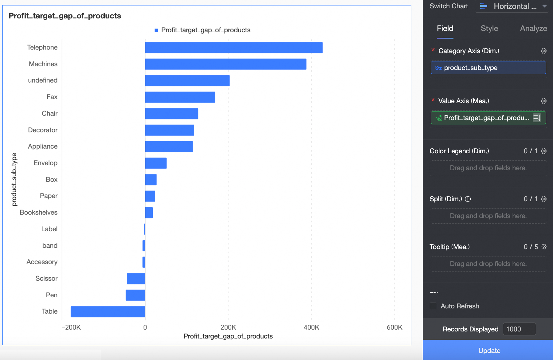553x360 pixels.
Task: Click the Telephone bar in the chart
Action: coord(233,48)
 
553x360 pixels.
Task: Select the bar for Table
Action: coord(108,311)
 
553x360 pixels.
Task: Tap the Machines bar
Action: coord(226,64)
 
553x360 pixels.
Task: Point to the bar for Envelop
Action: coord(156,163)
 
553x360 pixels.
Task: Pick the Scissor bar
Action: coord(136,279)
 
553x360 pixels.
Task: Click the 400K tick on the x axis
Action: coord(311,327)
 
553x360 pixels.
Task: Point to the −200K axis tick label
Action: coord(71,327)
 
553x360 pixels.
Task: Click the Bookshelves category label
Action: coord(39,213)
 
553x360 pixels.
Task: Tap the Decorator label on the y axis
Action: coord(43,130)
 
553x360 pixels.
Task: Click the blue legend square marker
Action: coord(156,30)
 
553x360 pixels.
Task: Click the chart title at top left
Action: coord(65,16)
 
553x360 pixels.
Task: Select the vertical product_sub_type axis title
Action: coord(14,179)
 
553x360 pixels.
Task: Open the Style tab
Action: coord(489,29)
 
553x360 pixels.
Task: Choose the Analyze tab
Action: coord(533,29)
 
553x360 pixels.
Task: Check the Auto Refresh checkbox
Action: coord(433,306)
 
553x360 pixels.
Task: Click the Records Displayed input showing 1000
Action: coord(519,329)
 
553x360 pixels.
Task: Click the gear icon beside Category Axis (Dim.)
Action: coord(543,51)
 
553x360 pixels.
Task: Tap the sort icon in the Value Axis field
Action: coord(537,118)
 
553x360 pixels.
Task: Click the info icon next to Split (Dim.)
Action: coord(468,199)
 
